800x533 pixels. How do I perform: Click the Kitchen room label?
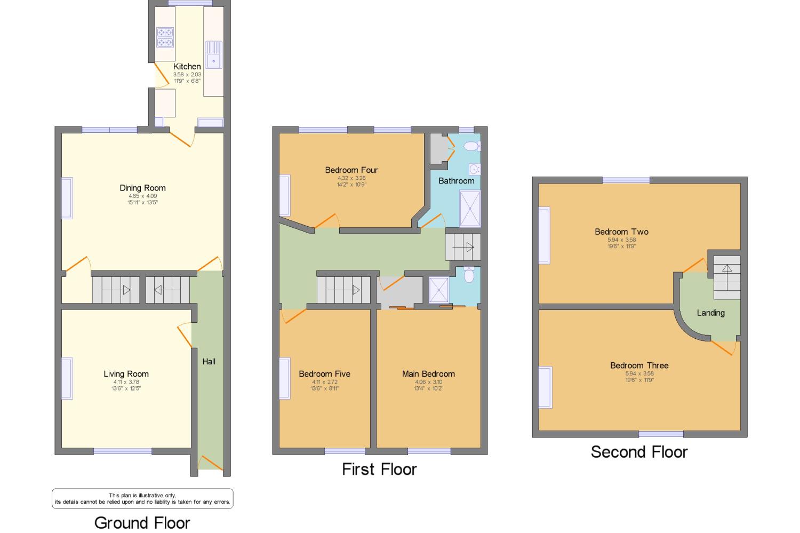187,67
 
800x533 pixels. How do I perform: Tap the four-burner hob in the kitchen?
165,37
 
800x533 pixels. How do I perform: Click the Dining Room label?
142,188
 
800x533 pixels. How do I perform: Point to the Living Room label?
126,374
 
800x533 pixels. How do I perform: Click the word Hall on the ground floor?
209,362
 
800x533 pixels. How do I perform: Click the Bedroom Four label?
351,170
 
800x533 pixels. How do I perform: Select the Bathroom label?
456,181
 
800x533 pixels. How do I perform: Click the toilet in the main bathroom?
471,146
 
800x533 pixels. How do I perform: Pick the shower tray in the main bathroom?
470,209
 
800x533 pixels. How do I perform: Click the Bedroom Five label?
324,374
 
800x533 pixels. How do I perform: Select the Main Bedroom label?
428,374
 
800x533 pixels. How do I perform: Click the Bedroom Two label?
621,232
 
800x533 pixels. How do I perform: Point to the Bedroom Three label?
639,365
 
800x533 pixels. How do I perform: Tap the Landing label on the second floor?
710,313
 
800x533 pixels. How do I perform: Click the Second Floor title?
639,452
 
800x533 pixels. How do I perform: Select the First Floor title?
379,469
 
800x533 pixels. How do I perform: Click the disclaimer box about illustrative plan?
142,498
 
